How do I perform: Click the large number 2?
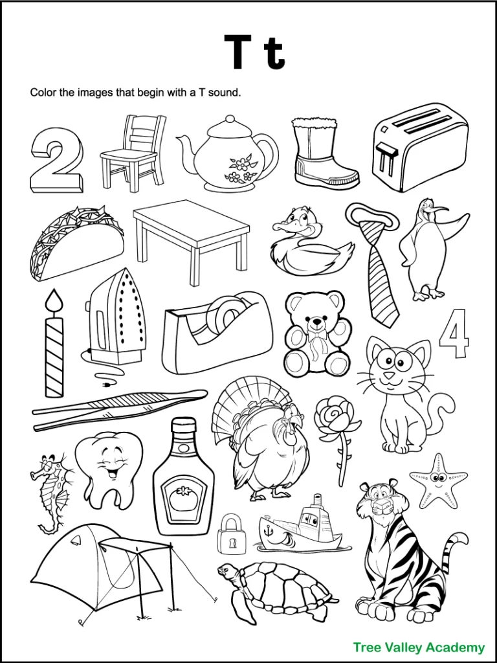[x=56, y=160]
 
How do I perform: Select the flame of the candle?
[x=54, y=300]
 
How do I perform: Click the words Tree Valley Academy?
[x=418, y=647]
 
